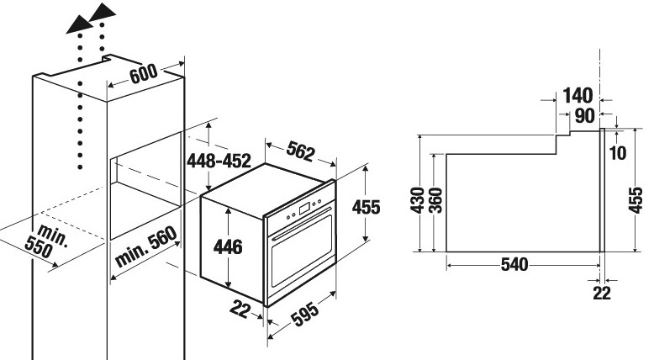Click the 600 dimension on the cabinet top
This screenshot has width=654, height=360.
(144, 74)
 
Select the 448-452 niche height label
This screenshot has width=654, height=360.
(219, 161)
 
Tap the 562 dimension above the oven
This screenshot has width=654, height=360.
(300, 151)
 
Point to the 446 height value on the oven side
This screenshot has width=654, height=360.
(228, 246)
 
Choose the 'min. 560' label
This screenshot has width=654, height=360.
(145, 246)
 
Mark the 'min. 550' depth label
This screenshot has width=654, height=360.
(46, 241)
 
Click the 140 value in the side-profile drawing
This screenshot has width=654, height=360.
(578, 96)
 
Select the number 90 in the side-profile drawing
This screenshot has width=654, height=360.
(585, 116)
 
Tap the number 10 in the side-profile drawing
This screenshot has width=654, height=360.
(618, 153)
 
